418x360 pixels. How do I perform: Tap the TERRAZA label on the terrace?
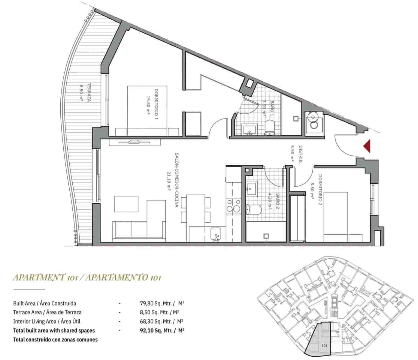(x=89, y=93)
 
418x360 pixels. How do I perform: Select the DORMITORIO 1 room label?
(x=156, y=104)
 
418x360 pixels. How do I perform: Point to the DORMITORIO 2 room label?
(x=320, y=190)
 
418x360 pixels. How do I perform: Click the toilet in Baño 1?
(x=270, y=128)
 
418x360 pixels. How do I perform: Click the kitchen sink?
(x=216, y=234)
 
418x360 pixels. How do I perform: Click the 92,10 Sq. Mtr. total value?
(x=156, y=331)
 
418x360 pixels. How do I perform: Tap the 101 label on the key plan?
(x=324, y=346)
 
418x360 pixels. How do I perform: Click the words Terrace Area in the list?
(x=27, y=312)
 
